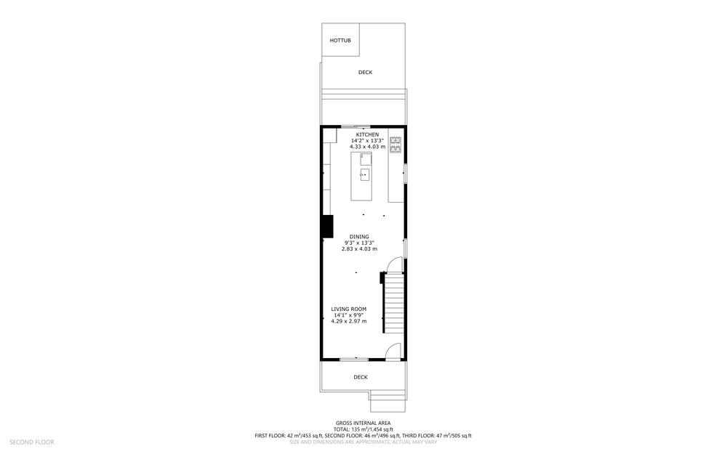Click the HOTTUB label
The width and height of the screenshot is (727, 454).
pyautogui.click(x=340, y=40)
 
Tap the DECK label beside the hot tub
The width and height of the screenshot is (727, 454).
pyautogui.click(x=366, y=72)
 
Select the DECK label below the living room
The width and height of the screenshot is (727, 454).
pyautogui.click(x=361, y=377)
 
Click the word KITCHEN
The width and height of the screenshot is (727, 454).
pyautogui.click(x=367, y=135)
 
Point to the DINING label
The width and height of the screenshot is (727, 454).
pyautogui.click(x=359, y=237)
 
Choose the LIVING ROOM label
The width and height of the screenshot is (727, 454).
pyautogui.click(x=349, y=309)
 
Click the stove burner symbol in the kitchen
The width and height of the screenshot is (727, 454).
pyautogui.click(x=395, y=145)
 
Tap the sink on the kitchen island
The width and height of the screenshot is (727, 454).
pyautogui.click(x=365, y=174)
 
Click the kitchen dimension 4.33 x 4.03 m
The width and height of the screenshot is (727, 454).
pyautogui.click(x=367, y=147)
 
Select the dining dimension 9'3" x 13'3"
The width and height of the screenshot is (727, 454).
pyautogui.click(x=359, y=243)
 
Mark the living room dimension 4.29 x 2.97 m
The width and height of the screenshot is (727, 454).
pyautogui.click(x=349, y=321)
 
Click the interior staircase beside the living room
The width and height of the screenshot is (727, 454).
pyautogui.click(x=393, y=302)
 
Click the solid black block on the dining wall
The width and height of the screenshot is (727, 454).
pyautogui.click(x=328, y=227)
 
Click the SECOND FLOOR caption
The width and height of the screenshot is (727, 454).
pyautogui.click(x=31, y=442)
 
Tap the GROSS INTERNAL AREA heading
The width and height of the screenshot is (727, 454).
pyautogui.click(x=363, y=423)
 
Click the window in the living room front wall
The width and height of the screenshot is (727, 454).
pyautogui.click(x=354, y=359)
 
